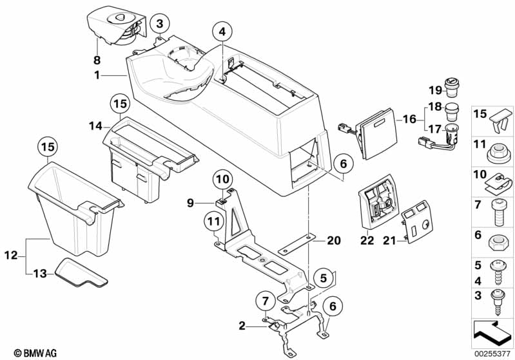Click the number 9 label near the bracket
pos(190,203)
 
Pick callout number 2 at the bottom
pos(242,327)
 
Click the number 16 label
pos(409,118)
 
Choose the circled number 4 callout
pos(222,32)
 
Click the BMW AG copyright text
pos(32,353)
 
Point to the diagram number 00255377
pos(492,353)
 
